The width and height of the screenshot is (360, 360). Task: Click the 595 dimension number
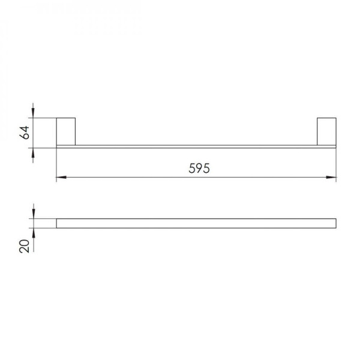pos(199,168)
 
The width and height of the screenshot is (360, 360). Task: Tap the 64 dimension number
pos(25,133)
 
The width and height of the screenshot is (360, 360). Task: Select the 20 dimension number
pos(25,246)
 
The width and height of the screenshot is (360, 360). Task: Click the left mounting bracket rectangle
pos(66,131)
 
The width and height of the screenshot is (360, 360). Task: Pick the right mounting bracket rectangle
pos(326,131)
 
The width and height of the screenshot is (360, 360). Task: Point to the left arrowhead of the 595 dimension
pos(61,177)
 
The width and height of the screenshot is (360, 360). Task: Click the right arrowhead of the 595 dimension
pos(331,177)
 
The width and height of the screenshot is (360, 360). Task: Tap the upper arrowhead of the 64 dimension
pos(33,113)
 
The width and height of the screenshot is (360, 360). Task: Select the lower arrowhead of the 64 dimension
pos(33,152)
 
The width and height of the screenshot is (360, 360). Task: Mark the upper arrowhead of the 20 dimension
pos(34,214)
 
